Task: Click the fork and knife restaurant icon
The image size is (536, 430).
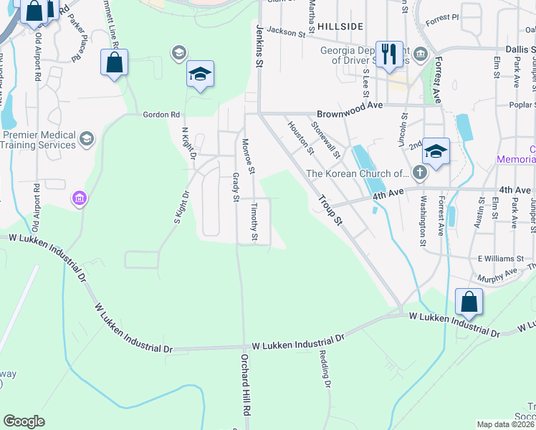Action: [389, 54]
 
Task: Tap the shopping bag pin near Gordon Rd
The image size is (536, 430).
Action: [115, 63]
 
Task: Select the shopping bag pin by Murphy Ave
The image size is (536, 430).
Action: [469, 302]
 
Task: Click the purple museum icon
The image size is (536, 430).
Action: [79, 198]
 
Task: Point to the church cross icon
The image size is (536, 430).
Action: [419, 173]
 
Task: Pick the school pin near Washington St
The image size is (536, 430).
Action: [435, 152]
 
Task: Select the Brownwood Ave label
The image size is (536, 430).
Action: [350, 105]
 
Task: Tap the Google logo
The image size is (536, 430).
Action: [24, 421]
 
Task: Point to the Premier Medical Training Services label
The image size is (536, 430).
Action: [39, 140]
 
